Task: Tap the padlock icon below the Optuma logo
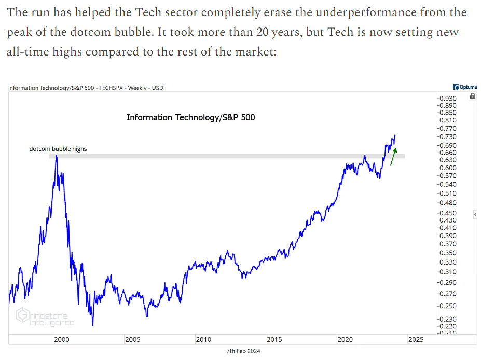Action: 472,96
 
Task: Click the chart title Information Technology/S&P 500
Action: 190,117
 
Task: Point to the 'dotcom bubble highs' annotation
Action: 58,149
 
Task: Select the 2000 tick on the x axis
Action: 61,340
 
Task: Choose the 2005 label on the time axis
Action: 132,340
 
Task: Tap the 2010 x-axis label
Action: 203,340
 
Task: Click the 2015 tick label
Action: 274,340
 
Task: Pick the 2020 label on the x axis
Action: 345,340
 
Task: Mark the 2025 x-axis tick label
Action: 416,340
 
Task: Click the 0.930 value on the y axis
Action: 448,98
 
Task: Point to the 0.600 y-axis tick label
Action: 448,168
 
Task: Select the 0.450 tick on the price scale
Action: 448,213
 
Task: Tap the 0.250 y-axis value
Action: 448,306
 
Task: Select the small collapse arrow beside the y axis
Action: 475,214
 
